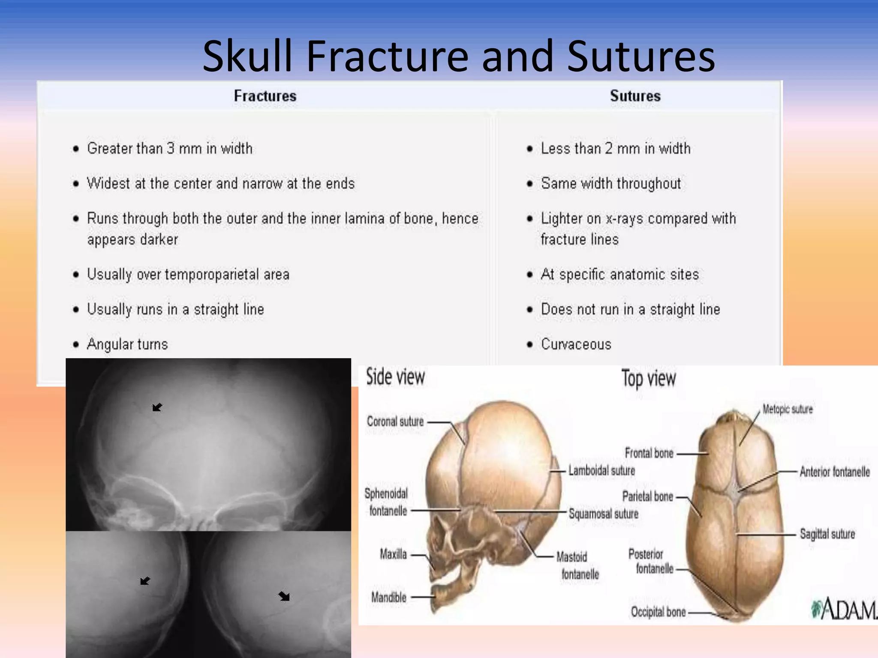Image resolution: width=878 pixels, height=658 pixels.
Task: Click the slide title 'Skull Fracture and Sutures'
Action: (458, 56)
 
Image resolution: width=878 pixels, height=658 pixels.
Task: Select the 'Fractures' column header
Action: (265, 96)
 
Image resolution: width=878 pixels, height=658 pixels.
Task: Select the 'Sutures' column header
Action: (635, 96)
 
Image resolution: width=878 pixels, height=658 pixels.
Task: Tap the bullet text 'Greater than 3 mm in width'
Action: (170, 149)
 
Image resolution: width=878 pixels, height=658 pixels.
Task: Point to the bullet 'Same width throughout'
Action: (610, 184)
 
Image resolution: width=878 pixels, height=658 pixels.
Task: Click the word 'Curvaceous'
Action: (576, 344)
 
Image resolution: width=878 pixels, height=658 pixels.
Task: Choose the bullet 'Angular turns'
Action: (127, 344)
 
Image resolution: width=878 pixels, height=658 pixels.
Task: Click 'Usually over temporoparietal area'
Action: (188, 275)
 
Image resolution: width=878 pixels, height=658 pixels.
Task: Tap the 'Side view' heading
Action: (395, 377)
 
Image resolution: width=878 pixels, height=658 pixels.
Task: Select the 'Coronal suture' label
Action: (395, 422)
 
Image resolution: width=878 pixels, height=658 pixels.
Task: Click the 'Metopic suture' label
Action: (788, 409)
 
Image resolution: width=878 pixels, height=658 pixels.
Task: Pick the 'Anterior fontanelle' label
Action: (835, 472)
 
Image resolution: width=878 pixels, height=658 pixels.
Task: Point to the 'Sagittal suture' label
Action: (827, 534)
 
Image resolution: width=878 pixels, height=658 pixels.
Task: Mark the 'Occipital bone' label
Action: (658, 612)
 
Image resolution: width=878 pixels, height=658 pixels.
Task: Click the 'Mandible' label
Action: (388, 597)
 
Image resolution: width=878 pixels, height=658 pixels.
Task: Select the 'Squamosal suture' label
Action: (603, 514)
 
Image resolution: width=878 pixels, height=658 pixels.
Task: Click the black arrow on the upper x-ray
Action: (157, 407)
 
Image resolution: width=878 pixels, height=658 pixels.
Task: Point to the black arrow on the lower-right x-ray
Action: (284, 596)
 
